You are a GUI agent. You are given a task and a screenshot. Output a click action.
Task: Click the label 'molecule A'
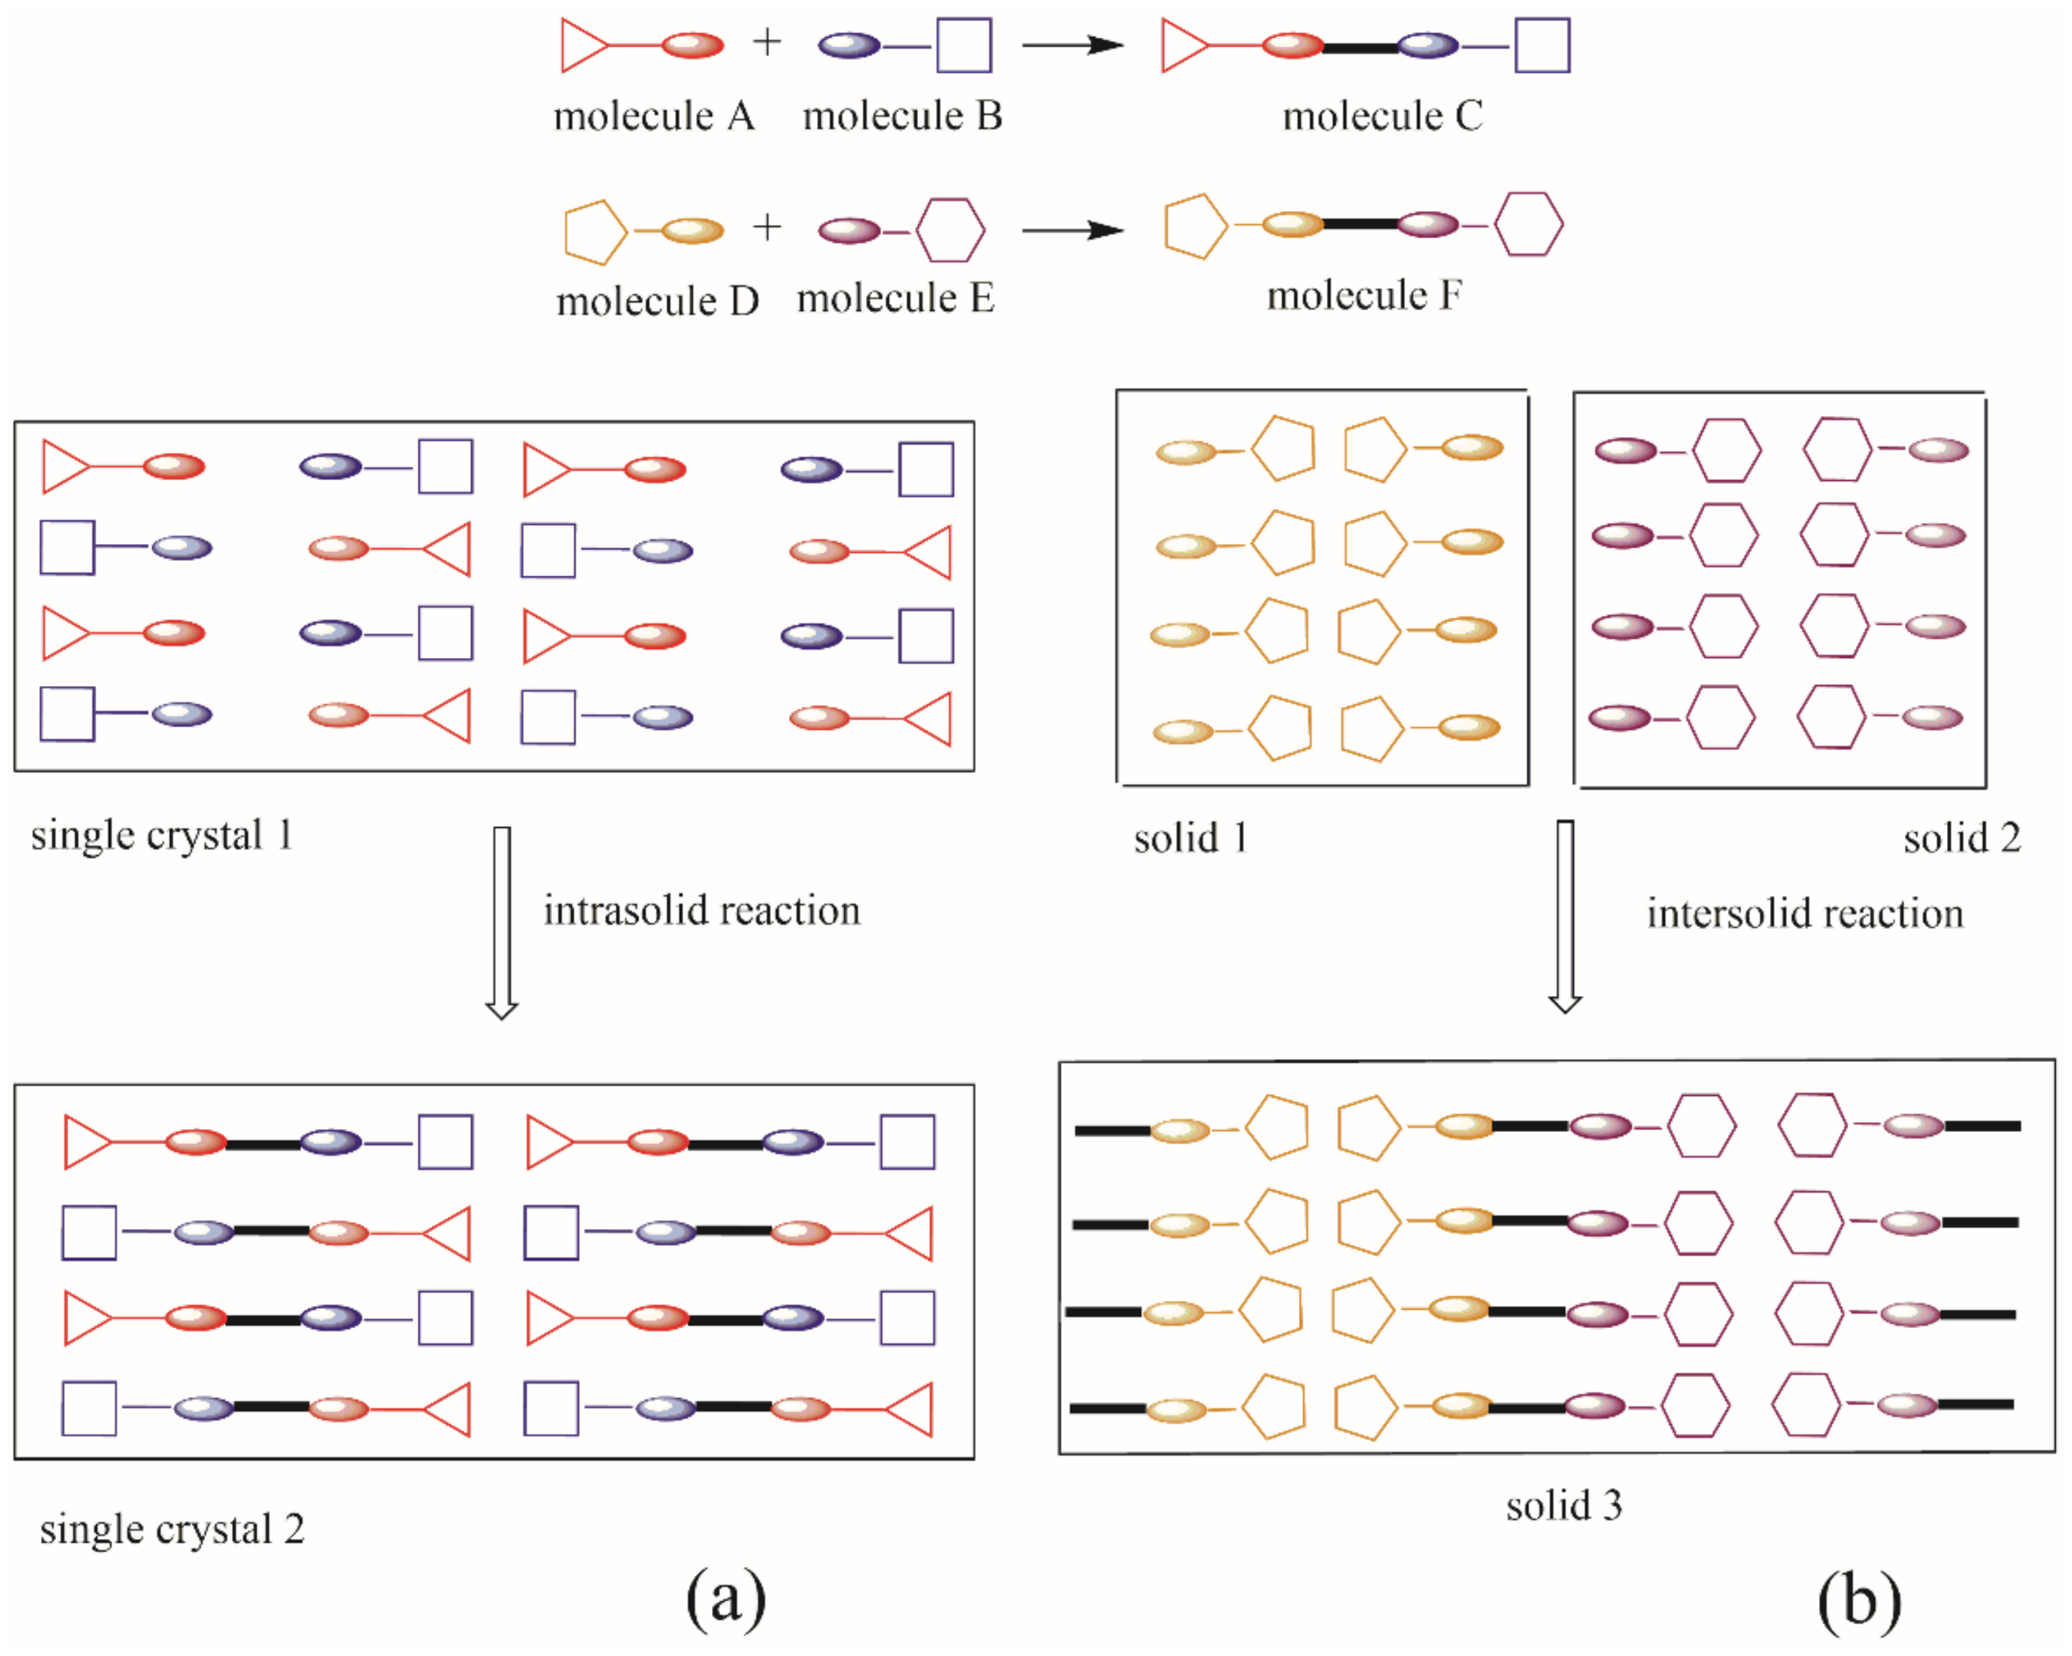(654, 116)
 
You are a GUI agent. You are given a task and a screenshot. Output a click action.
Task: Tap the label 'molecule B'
(903, 116)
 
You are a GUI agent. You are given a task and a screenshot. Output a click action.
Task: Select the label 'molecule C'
(1382, 116)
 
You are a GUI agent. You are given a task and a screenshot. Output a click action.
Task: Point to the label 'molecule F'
(1364, 295)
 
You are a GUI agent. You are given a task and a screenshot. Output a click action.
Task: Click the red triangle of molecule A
(582, 45)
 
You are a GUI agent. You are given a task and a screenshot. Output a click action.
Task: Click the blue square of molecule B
(964, 45)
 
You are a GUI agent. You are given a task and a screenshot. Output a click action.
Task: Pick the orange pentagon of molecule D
(593, 232)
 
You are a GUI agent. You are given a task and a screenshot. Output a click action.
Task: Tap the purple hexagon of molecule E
(949, 231)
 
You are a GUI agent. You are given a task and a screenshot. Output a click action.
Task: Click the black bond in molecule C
(1360, 46)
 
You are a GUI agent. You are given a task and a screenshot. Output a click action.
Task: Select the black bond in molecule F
(1360, 225)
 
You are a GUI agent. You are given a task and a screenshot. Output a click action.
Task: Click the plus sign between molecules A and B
(766, 42)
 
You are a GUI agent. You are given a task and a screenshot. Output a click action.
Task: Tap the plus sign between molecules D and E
(766, 227)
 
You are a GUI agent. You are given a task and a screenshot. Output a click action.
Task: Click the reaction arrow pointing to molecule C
(1072, 45)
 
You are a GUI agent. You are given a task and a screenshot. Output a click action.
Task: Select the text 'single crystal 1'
(162, 835)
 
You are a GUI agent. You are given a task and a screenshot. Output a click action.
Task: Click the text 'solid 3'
(1563, 1505)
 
